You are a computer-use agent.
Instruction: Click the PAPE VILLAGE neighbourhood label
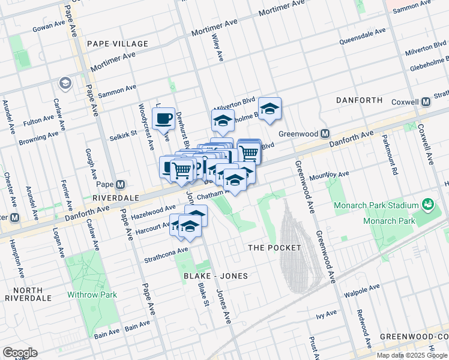[117, 44]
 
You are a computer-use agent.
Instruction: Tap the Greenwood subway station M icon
[325, 133]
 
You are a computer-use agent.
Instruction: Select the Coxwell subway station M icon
[426, 101]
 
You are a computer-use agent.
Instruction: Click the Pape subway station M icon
[121, 184]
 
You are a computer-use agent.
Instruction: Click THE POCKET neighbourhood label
[274, 247]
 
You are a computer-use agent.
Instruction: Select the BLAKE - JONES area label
[215, 275]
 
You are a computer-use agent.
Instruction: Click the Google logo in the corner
[20, 353]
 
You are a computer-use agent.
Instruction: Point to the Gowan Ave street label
[49, 28]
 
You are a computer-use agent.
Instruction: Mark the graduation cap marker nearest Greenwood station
[270, 109]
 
